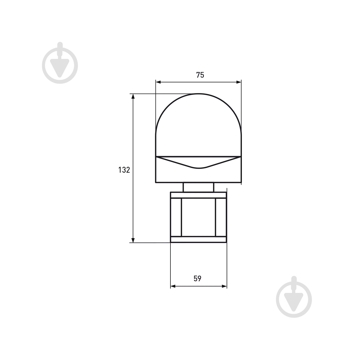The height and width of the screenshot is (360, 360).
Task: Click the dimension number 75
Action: pyautogui.click(x=200, y=75)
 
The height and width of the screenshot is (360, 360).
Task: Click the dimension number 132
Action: pyautogui.click(x=124, y=170)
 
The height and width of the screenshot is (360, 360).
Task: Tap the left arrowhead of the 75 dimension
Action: pyautogui.click(x=158, y=82)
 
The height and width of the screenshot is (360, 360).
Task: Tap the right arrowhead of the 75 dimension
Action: pyautogui.click(x=238, y=82)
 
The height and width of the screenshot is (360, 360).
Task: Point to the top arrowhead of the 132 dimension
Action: pyautogui.click(x=133, y=96)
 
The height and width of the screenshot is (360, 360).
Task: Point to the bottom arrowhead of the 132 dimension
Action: pyautogui.click(x=133, y=240)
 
